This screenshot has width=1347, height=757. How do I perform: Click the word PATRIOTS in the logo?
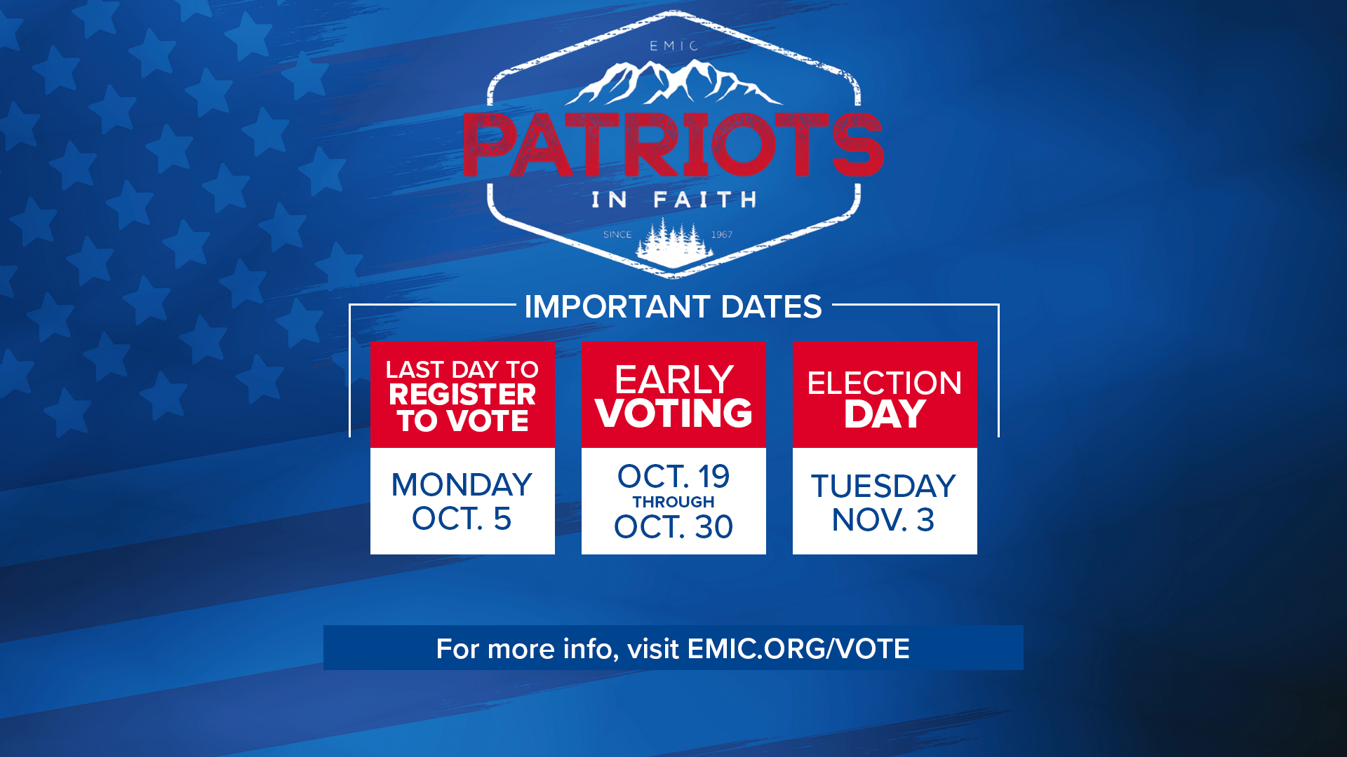[673, 144]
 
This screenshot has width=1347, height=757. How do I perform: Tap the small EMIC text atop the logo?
[673, 46]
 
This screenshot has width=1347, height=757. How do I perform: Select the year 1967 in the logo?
[722, 235]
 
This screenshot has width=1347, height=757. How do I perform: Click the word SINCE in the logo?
[617, 235]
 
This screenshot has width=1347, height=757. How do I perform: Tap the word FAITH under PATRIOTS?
[705, 200]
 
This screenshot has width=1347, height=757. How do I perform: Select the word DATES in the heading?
[771, 307]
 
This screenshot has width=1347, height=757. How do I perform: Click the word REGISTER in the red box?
[462, 395]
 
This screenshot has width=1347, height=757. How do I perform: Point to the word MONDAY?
[462, 485]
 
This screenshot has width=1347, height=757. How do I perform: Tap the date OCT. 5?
[462, 519]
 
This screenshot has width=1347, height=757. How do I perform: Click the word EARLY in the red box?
[673, 380]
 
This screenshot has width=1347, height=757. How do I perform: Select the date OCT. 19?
[673, 477]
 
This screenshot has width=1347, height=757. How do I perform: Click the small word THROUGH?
[673, 502]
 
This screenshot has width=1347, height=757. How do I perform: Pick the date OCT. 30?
[673, 527]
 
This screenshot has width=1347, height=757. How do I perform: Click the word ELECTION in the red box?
[885, 383]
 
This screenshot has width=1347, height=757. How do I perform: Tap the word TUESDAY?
[884, 486]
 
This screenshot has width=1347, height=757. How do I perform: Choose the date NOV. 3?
[883, 520]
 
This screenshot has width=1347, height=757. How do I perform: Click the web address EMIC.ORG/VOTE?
[798, 649]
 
